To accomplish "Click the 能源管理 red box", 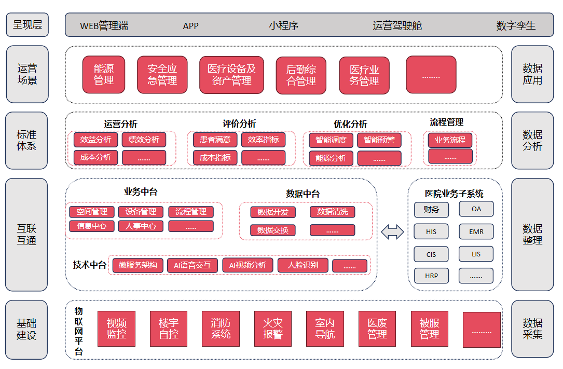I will coord(104,75).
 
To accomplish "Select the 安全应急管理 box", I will coord(162,75).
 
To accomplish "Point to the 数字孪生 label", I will coord(516,25).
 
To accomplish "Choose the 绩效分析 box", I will coord(144,140).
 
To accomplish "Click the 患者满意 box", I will coord(215,140).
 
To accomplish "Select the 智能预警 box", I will coord(379,140).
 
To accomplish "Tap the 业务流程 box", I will coord(450,140).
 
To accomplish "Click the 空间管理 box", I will coord(92,212).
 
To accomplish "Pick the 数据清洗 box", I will coord(332,212).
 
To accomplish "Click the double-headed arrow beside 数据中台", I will coord(392,232).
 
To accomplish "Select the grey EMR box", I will coord(476,232).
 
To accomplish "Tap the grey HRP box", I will coord(431,276).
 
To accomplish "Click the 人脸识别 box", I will coord(304,265).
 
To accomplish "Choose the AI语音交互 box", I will coord(192,265).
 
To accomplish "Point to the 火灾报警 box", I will coord(273,329).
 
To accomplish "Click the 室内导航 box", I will coord(325,329).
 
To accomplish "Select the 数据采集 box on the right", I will coord(532,329).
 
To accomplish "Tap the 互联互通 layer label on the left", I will coord(26,235).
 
